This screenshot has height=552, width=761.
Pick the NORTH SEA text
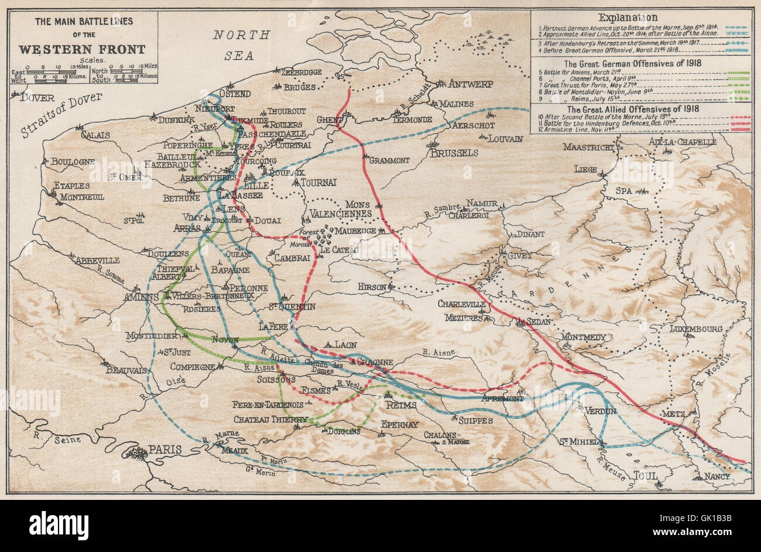(241, 45)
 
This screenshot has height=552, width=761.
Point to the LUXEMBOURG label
(695, 329)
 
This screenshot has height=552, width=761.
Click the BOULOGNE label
(73, 162)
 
